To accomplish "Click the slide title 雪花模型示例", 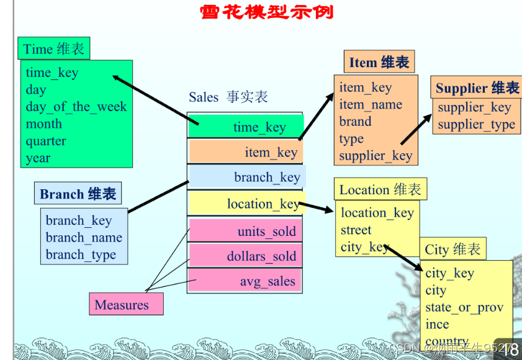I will (x=266, y=12).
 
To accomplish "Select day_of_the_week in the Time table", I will (x=76, y=107).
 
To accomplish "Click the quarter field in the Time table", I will (x=45, y=141).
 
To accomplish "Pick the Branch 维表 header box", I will (x=78, y=194).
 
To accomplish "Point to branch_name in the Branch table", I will (x=83, y=238).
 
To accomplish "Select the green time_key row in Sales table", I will (x=245, y=127).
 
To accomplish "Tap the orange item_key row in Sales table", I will (x=245, y=152).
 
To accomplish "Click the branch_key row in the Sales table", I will (x=246, y=177).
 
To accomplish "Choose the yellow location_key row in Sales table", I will (x=245, y=204).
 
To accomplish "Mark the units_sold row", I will (x=245, y=232).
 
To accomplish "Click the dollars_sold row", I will (x=245, y=256).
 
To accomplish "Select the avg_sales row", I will (x=245, y=281).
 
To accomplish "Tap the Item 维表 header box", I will (x=379, y=63).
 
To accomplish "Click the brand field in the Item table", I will (x=355, y=122).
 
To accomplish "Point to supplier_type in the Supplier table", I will (x=476, y=124).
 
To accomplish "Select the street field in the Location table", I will (x=356, y=230).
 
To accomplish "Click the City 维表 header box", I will (x=452, y=250).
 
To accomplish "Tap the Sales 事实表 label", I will (x=228, y=97).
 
